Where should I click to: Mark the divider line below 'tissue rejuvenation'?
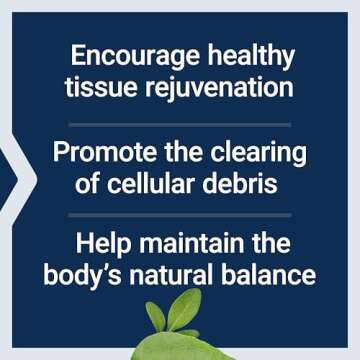180,123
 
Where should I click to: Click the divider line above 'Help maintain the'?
180,212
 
